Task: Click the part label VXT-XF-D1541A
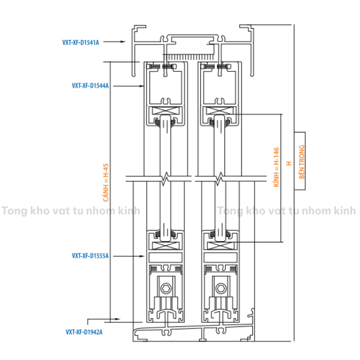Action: pos(81,43)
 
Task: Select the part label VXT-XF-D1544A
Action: pos(90,86)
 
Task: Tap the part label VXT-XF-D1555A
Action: pos(90,256)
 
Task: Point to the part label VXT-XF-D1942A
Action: pos(84,332)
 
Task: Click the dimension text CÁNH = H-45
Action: pos(106,183)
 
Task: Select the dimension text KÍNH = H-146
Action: pos(277,167)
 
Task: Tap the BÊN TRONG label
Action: pos(302,161)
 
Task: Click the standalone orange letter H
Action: pos(288,163)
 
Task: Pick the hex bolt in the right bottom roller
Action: pos(220,288)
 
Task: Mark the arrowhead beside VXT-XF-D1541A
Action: pos(123,42)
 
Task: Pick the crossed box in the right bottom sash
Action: pos(220,245)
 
